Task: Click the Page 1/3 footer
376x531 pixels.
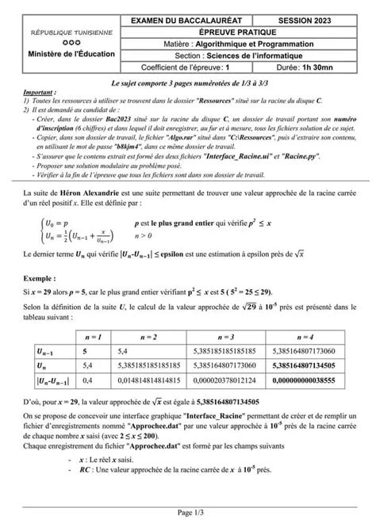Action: pos(188,513)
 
